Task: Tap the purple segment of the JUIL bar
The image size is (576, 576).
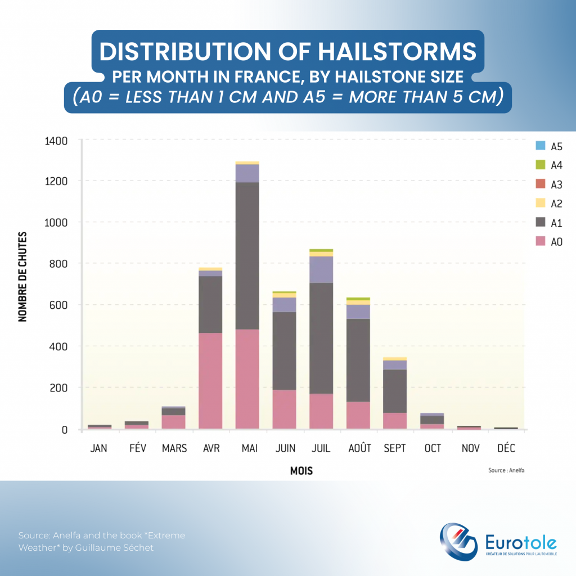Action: [x=321, y=269]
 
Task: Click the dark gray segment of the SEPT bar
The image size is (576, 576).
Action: [x=394, y=391]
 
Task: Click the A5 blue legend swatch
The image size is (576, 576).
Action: [x=541, y=146]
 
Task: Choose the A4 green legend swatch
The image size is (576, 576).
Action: [x=541, y=165]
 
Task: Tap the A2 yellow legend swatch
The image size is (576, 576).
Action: [x=541, y=203]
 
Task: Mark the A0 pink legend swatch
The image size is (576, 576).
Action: [x=541, y=242]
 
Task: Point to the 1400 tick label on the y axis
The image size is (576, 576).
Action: [x=56, y=140]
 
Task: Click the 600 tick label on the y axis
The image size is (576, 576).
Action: [x=59, y=305]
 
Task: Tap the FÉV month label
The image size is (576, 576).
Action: [x=137, y=448]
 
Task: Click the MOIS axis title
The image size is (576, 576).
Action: [x=301, y=471]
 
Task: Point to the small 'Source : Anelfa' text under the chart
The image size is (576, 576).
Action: [x=509, y=469]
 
